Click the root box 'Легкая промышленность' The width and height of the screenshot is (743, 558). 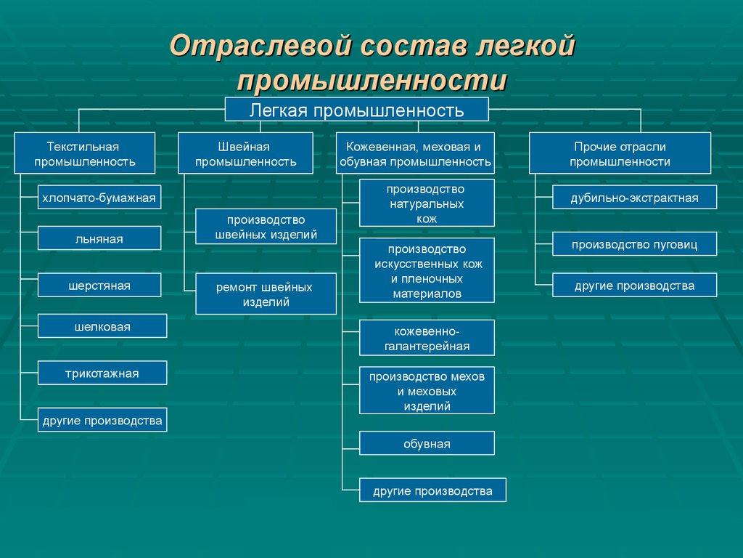click(356, 110)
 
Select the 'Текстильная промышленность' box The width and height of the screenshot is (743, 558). click(85, 153)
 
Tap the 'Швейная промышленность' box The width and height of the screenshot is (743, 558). click(246, 153)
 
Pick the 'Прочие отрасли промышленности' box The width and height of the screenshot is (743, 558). click(620, 153)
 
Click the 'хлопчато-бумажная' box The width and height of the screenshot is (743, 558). click(99, 197)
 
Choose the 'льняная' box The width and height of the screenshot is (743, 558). click(99, 238)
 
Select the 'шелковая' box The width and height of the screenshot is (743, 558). click(102, 326)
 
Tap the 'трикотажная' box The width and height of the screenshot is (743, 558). click(102, 373)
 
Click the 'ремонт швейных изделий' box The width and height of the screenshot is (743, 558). click(266, 294)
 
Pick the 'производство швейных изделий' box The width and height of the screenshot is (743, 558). click(266, 227)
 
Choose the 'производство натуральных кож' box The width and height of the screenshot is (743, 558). click(427, 203)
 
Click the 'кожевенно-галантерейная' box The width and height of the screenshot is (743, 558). click(427, 338)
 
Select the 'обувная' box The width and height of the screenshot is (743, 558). click(427, 443)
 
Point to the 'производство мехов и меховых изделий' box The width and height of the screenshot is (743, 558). click(427, 390)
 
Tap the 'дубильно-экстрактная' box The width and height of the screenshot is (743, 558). click(634, 197)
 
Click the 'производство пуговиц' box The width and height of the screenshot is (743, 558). click(634, 244)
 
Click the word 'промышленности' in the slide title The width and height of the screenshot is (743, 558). click(371, 80)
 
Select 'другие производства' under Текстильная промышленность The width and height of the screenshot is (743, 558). click(102, 420)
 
